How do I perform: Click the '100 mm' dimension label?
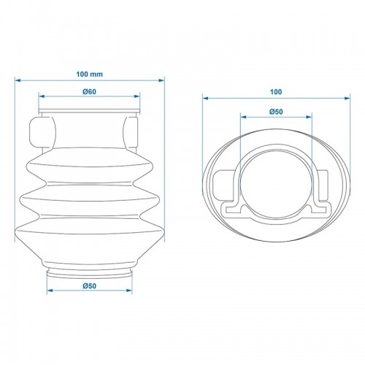click(90, 74)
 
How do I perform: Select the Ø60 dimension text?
click(89, 92)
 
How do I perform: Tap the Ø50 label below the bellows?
click(89, 286)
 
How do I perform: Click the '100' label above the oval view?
click(276, 92)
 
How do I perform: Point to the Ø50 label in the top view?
click(276, 112)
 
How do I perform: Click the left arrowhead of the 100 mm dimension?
click(18, 80)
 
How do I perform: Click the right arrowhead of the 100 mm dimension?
click(161, 80)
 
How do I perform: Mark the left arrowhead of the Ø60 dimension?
click(42, 96)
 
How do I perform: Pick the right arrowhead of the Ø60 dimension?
click(137, 96)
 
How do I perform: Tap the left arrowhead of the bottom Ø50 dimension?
click(50, 291)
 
